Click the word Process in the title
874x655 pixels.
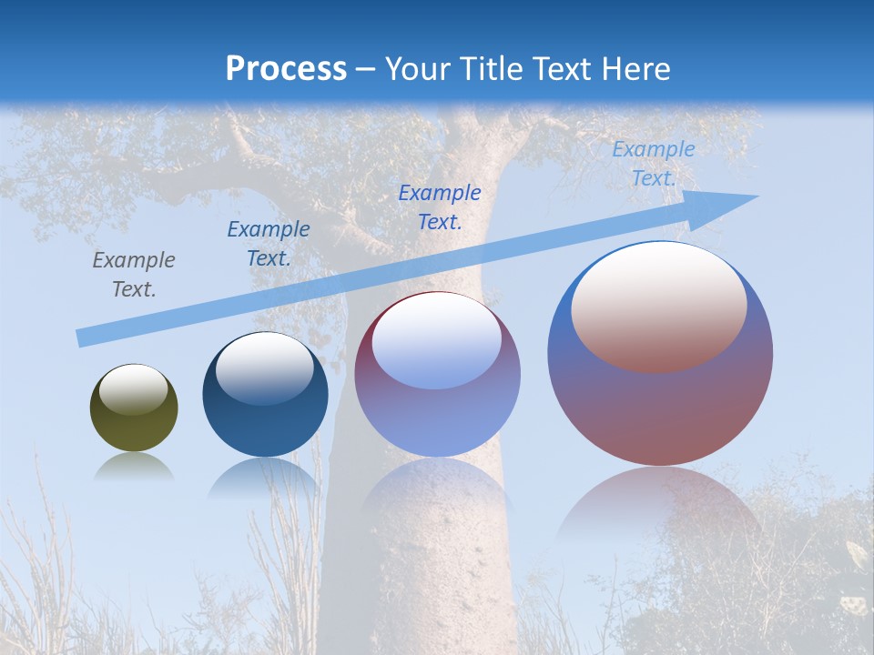(286, 69)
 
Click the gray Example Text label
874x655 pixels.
(134, 275)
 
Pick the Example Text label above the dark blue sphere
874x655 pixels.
(269, 244)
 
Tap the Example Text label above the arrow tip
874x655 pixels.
(653, 164)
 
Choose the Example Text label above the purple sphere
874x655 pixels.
(440, 207)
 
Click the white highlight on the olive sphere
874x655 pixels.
(134, 389)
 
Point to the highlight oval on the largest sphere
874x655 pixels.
(659, 307)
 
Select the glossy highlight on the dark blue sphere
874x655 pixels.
(264, 368)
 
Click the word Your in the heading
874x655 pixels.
(418, 69)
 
